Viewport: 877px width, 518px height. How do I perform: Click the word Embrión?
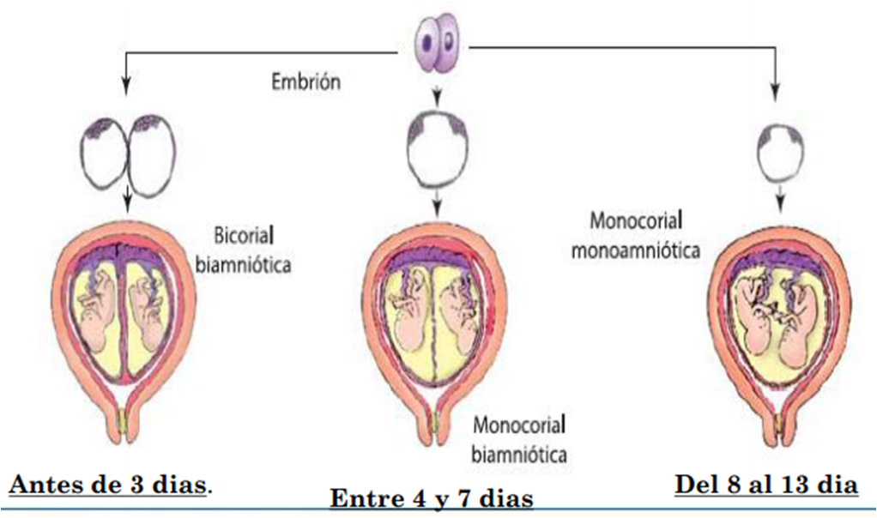(x=306, y=81)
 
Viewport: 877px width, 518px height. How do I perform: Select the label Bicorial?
(x=244, y=235)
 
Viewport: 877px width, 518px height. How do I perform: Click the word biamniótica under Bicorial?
(x=244, y=263)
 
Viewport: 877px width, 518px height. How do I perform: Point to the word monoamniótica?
(x=635, y=250)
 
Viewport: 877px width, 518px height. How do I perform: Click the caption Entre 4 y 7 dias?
(x=432, y=497)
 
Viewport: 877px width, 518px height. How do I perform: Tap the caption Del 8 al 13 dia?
(x=766, y=484)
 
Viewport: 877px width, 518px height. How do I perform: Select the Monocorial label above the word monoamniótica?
(x=636, y=220)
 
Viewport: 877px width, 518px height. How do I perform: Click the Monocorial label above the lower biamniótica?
(x=519, y=425)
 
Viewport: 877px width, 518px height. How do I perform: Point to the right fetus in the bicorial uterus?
(x=147, y=316)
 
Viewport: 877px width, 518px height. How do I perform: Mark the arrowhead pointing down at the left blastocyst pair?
(x=126, y=87)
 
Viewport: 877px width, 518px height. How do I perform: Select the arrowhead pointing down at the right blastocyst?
(x=775, y=93)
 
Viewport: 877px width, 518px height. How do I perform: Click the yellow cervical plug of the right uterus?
(x=779, y=425)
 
